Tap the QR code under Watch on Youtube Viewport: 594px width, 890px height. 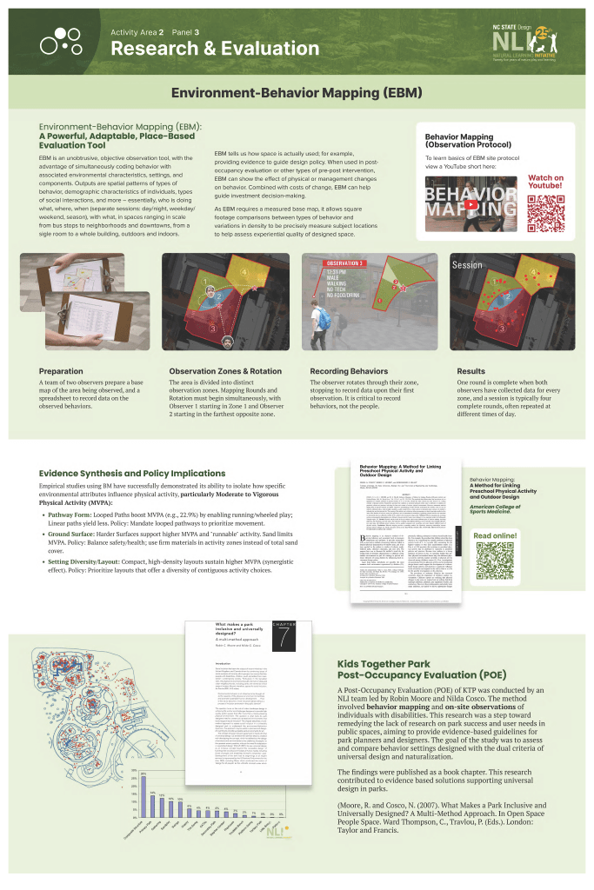pyautogui.click(x=545, y=211)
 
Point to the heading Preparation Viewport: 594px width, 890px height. pyautogui.click(x=63, y=370)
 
